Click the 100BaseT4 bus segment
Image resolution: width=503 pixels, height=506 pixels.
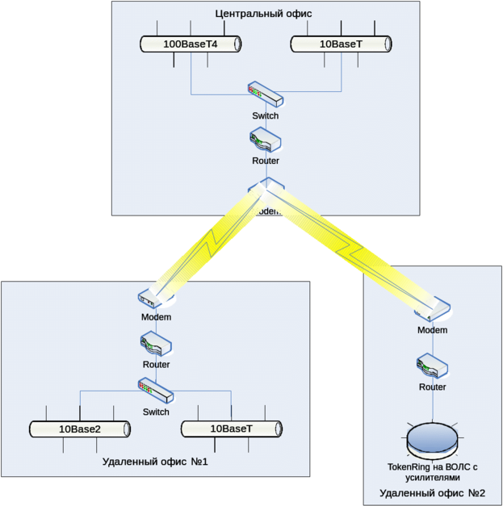[191, 44]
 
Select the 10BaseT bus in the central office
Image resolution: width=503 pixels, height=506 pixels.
[342, 44]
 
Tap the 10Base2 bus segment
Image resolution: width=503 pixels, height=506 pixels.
[80, 429]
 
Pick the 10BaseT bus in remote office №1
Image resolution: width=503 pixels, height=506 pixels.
[231, 429]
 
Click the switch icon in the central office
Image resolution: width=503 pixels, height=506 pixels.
[266, 96]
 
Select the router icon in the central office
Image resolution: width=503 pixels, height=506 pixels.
[266, 140]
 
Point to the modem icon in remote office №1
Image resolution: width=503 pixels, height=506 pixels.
[155, 299]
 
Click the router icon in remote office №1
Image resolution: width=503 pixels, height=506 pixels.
[155, 345]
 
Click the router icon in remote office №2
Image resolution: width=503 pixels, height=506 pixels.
[432, 367]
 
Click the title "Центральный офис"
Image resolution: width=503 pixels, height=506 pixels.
[265, 14]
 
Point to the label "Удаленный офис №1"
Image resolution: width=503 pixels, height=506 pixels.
[156, 462]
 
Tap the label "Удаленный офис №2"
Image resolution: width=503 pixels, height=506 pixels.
[432, 492]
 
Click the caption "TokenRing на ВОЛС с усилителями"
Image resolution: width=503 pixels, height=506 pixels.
[432, 472]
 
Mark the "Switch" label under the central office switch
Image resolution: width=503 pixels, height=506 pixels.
[266, 116]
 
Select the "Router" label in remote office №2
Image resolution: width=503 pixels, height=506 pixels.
[432, 387]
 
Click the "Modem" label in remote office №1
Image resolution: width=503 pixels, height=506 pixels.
[156, 317]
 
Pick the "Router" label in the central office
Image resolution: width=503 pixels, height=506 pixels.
[266, 161]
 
